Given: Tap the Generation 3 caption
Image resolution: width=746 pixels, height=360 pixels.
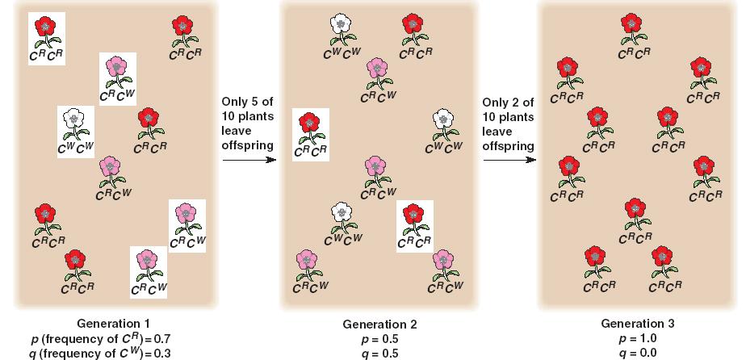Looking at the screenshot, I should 638,324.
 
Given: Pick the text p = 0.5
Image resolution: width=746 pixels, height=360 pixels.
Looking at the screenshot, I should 379,339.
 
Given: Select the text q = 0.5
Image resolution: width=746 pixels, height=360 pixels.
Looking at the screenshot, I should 379,353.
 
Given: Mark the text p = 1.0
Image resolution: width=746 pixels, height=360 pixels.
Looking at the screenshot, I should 637,338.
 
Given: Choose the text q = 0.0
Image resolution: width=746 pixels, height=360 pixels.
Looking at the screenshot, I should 637,353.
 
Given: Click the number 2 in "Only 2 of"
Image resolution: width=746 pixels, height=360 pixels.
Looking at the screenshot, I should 518,103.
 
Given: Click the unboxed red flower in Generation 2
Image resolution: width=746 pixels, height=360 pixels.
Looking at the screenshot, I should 413,28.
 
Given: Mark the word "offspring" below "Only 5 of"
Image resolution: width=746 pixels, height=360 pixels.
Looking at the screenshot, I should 246,145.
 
